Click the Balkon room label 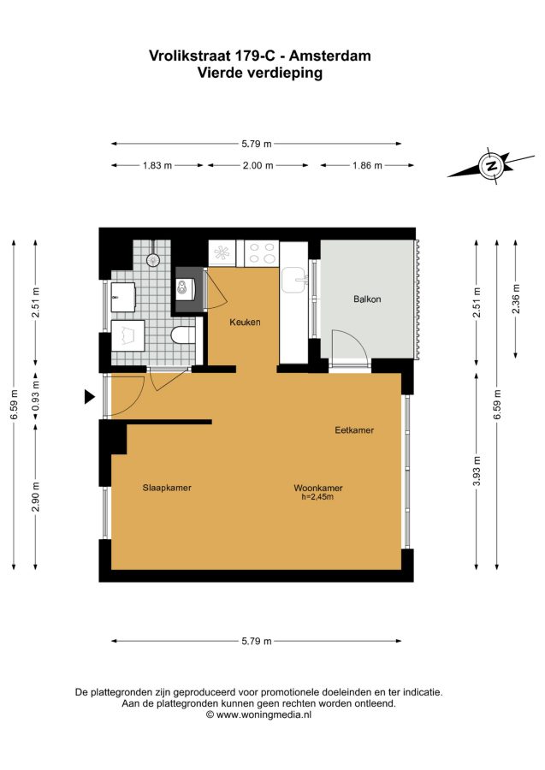pyautogui.click(x=367, y=299)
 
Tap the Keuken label pyautogui.click(x=245, y=323)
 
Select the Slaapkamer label pyautogui.click(x=167, y=488)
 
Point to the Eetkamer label pyautogui.click(x=354, y=430)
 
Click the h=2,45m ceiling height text pyautogui.click(x=317, y=497)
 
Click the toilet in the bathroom pyautogui.click(x=182, y=335)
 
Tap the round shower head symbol pyautogui.click(x=154, y=258)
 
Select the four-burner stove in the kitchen pyautogui.click(x=262, y=253)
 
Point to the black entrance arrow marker pyautogui.click(x=89, y=396)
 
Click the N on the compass pyautogui.click(x=491, y=165)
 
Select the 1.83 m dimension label pyautogui.click(x=157, y=165)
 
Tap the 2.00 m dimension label pyautogui.click(x=258, y=165)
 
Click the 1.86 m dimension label pyautogui.click(x=367, y=165)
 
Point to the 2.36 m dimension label pyautogui.click(x=516, y=299)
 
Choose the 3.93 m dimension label pyautogui.click(x=477, y=471)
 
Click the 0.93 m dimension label pyautogui.click(x=35, y=396)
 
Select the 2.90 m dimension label pyautogui.click(x=35, y=496)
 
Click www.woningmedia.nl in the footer pyautogui.click(x=264, y=715)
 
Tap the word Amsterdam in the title pyautogui.click(x=329, y=56)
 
